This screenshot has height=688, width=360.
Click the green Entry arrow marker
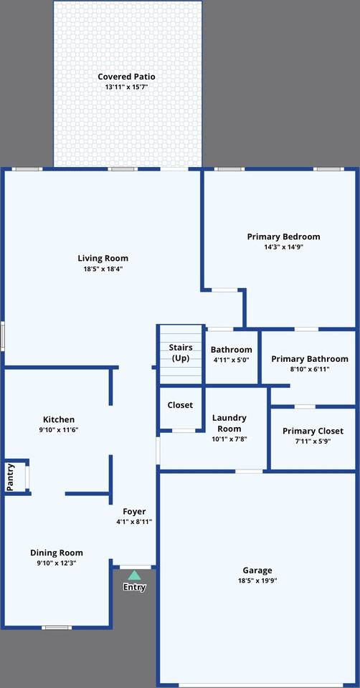tap(134, 575)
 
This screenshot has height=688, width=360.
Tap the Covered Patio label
tap(126, 77)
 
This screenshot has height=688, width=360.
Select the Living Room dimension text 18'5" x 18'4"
tap(103, 269)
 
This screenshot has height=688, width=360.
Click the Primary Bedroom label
tap(283, 236)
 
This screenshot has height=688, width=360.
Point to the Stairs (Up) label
tap(181, 353)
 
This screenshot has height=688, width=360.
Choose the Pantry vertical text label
tap(11, 477)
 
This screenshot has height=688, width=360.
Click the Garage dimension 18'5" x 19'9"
tap(257, 581)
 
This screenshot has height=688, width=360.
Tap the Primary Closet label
tap(312, 431)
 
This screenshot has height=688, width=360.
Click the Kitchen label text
tap(59, 419)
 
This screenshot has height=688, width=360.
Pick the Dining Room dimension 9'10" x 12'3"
tap(56, 563)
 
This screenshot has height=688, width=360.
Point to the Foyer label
tap(134, 512)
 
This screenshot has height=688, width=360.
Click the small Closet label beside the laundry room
tap(180, 405)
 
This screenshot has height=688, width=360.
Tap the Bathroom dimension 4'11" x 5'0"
tap(231, 360)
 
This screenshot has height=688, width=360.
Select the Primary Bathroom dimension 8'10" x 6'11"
tap(310, 369)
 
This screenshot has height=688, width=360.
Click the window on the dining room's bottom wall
tap(57, 628)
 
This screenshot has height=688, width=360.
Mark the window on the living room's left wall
tap(3, 336)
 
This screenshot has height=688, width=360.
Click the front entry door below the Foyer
tap(135, 567)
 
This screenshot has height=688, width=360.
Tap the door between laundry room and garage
tap(249, 471)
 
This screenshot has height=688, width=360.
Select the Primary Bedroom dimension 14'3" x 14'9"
tap(283, 247)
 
